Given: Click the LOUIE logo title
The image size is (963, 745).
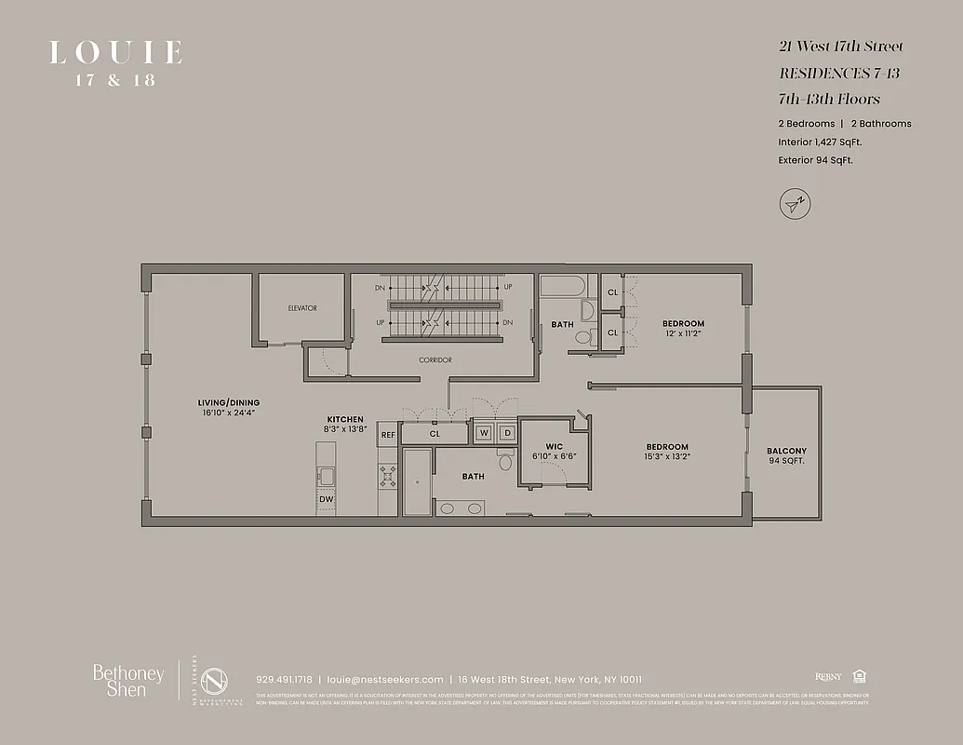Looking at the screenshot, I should coord(115,53).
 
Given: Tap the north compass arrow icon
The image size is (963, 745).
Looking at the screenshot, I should coord(793,203).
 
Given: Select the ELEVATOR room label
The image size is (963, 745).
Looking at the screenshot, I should coord(302,308).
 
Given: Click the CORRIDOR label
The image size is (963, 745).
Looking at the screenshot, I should coord(435,359).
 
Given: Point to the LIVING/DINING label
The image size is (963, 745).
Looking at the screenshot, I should coord(228,403).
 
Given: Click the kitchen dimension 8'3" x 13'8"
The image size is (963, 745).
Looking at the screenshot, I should coord(344,430).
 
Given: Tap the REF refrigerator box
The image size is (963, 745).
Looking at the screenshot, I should coord(387,434).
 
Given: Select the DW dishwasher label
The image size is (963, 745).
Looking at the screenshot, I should coord(325,500).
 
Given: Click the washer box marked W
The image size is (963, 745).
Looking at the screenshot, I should coord(484,433).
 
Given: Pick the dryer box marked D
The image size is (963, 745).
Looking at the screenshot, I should coord(507,433).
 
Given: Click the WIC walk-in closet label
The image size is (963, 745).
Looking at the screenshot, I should coord(555,446).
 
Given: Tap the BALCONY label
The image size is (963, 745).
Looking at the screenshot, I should coord(786,451).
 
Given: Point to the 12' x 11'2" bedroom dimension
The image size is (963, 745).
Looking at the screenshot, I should coord(683,334).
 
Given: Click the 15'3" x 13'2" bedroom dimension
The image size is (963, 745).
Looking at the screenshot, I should coord(667,458).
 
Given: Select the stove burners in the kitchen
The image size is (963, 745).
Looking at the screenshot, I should coord(388,477).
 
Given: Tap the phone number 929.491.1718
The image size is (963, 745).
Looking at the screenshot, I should coord(284,680).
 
